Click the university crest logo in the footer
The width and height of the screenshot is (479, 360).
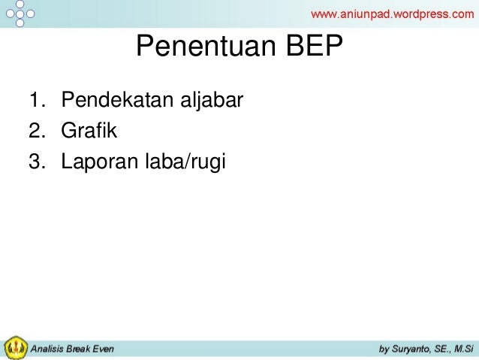14,347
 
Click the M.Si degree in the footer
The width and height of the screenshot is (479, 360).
463,349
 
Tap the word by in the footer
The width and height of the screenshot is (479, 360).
384,349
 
